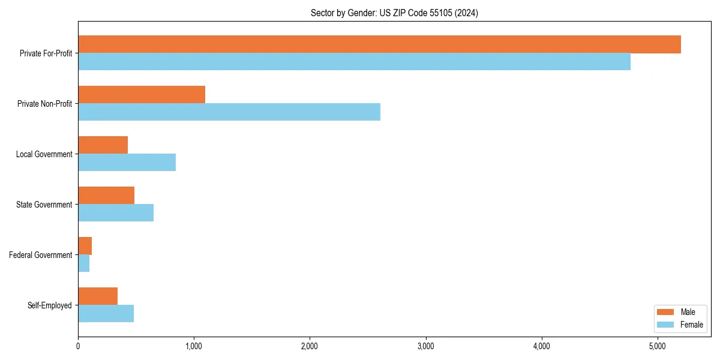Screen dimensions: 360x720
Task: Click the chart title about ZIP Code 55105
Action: pyautogui.click(x=394, y=13)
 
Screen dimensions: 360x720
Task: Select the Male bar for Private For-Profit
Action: pyautogui.click(x=379, y=44)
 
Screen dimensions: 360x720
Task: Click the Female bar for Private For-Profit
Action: pyautogui.click(x=354, y=62)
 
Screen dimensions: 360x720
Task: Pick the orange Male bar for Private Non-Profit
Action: pyautogui.click(x=142, y=95)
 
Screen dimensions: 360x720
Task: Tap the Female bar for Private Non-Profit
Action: pyautogui.click(x=229, y=112)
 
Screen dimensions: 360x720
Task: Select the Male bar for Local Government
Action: pyautogui.click(x=103, y=145)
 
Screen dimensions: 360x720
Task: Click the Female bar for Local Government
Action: pyautogui.click(x=127, y=163)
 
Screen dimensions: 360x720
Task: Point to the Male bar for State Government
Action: pyautogui.click(x=106, y=196)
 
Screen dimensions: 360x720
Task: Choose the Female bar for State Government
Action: pyautogui.click(x=116, y=213)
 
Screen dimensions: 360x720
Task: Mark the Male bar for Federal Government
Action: pyautogui.click(x=85, y=246)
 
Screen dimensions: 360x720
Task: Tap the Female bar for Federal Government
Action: pyautogui.click(x=83, y=263)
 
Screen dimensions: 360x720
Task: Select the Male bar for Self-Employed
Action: pyautogui.click(x=98, y=296)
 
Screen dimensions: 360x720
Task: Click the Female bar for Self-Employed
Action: pyautogui.click(x=106, y=314)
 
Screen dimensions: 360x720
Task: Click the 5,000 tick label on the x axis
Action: pyautogui.click(x=657, y=347)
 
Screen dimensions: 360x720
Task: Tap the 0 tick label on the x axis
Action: pyautogui.click(x=78, y=347)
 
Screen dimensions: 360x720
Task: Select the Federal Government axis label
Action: pyautogui.click(x=40, y=255)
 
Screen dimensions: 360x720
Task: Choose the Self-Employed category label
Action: pyautogui.click(x=49, y=305)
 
